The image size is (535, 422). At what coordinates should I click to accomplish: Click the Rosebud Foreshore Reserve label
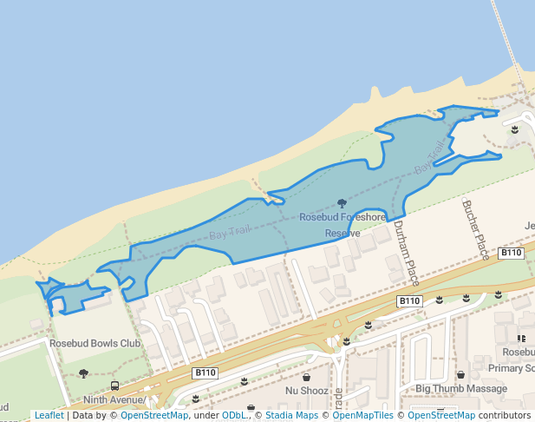point(343,225)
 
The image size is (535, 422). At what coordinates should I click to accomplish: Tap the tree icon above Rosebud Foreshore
point(342,202)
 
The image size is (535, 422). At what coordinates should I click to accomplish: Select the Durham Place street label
point(406,253)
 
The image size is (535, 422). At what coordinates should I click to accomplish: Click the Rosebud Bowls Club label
point(95,344)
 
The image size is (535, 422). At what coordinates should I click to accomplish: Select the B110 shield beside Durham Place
point(409,301)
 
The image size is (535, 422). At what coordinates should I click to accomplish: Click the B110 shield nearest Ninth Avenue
point(205,373)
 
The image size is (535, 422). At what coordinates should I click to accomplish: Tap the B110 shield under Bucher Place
point(512,253)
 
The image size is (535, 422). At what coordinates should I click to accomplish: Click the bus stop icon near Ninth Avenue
point(114,386)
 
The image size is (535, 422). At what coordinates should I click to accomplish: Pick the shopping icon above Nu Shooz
point(306,378)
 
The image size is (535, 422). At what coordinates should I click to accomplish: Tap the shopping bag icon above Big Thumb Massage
point(460,375)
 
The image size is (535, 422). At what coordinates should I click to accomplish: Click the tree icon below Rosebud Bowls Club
point(84,373)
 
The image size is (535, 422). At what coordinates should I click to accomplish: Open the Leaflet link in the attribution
point(49,416)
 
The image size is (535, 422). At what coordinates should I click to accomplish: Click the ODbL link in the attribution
point(233,416)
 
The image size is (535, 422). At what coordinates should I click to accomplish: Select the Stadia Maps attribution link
point(291,416)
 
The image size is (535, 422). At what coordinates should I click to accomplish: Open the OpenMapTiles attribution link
point(362,416)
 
